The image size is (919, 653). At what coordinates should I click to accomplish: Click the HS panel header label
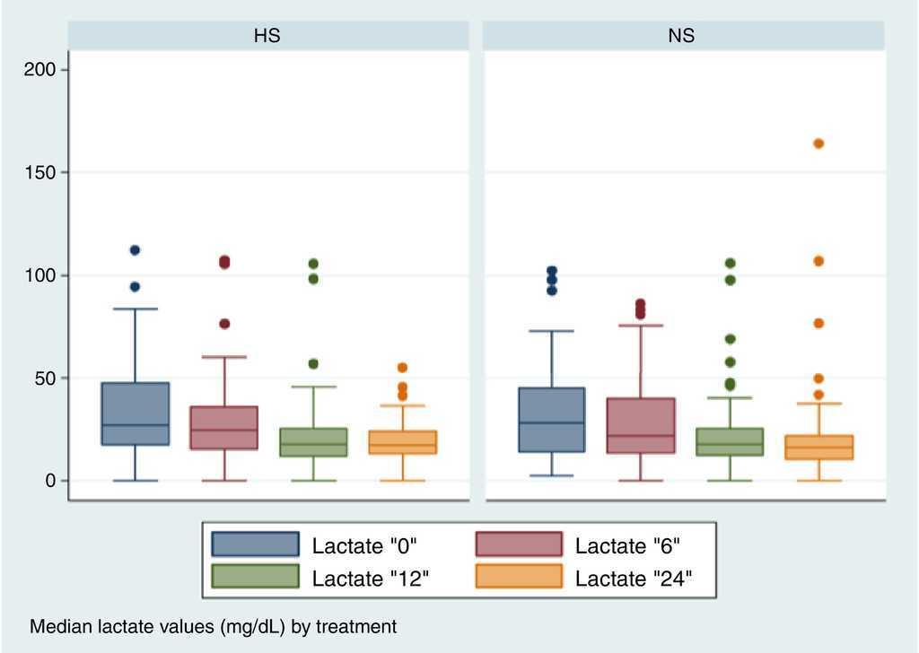tap(267, 36)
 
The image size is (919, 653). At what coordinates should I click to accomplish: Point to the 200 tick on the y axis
tap(44, 69)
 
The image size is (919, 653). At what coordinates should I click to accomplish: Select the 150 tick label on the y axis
tap(44, 172)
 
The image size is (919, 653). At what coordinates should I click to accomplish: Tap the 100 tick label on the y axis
tap(44, 275)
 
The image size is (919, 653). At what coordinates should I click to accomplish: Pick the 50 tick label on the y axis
tap(48, 378)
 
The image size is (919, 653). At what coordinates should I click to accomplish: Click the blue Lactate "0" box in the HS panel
tap(135, 414)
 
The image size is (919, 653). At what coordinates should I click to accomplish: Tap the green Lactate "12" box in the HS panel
tap(313, 442)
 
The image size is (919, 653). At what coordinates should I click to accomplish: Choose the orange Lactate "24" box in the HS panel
tap(403, 442)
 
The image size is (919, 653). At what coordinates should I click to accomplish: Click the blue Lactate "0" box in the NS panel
tap(551, 420)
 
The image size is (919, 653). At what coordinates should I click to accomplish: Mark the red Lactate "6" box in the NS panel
tap(641, 425)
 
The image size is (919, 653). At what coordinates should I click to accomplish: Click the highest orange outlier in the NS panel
tap(818, 144)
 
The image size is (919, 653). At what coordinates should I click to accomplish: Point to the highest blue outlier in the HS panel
tap(135, 250)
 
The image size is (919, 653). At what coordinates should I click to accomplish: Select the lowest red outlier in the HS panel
tap(224, 324)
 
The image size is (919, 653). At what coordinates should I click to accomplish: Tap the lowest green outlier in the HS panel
tap(313, 364)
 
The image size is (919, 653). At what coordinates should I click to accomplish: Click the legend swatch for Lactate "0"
tap(255, 544)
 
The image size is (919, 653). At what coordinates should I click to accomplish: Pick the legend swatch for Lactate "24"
tap(518, 577)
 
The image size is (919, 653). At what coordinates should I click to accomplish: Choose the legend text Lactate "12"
tap(370, 578)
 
